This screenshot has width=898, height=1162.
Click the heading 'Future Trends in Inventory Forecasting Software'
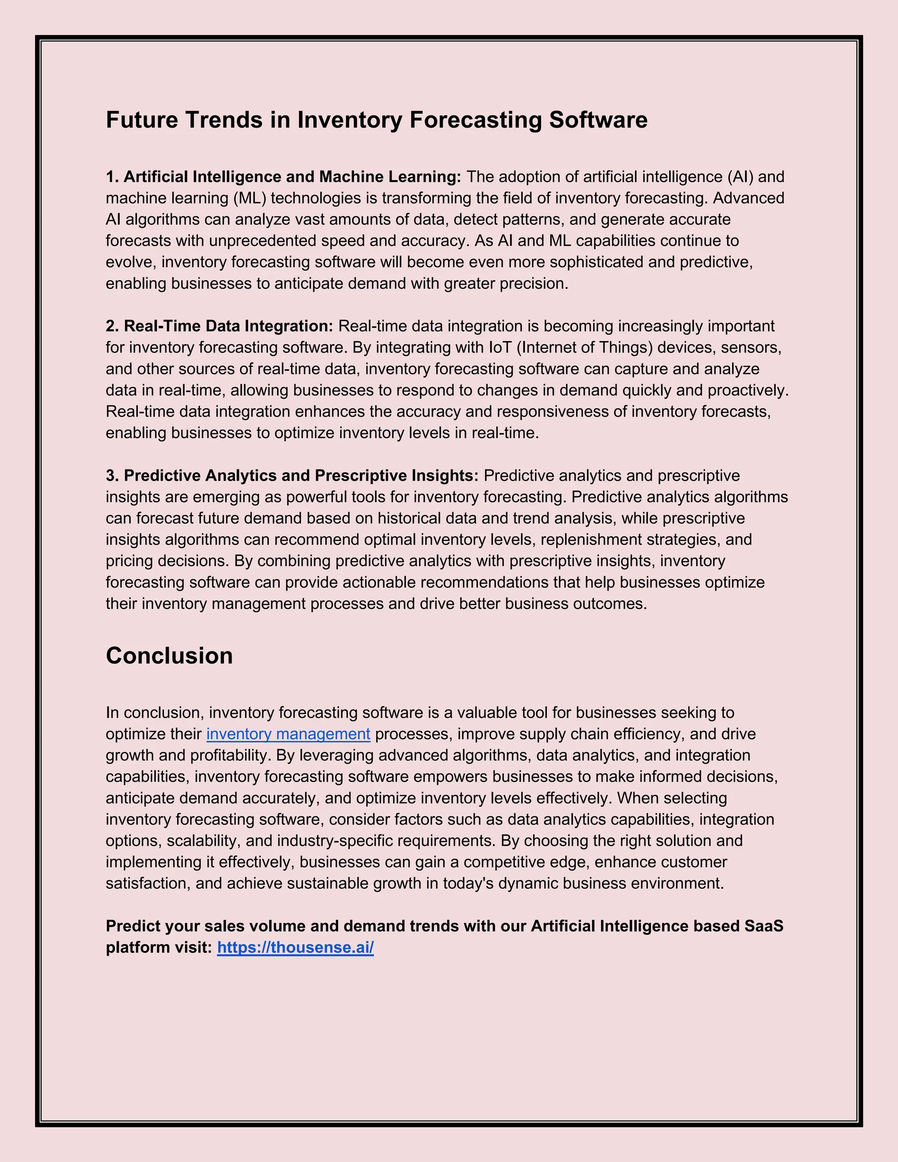point(376,120)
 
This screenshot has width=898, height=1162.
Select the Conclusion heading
point(169,656)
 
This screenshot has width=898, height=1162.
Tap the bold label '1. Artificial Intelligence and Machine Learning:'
point(284,177)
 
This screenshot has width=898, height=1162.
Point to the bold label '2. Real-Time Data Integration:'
point(219,326)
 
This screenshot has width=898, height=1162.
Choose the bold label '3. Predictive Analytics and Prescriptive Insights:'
point(292,475)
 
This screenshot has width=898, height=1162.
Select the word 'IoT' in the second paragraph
point(499,347)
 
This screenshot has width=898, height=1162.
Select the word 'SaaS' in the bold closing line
point(763,926)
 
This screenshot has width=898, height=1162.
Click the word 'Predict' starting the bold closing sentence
point(133,926)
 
